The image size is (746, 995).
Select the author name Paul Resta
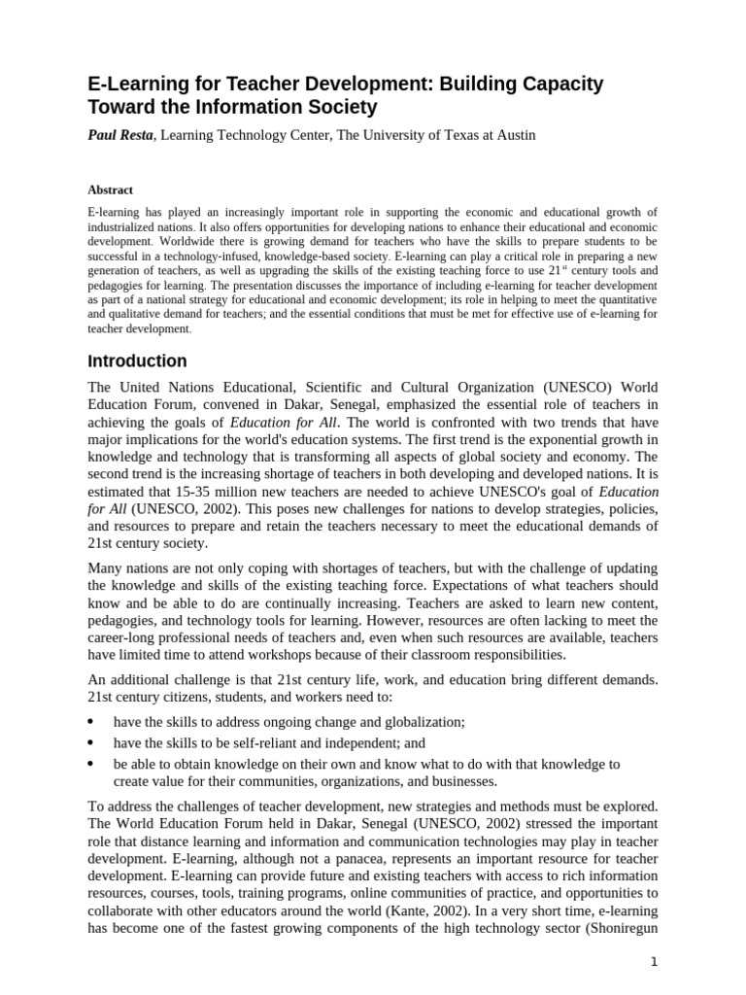click(120, 135)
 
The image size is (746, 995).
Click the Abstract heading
click(110, 190)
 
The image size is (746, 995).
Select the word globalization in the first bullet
click(422, 722)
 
